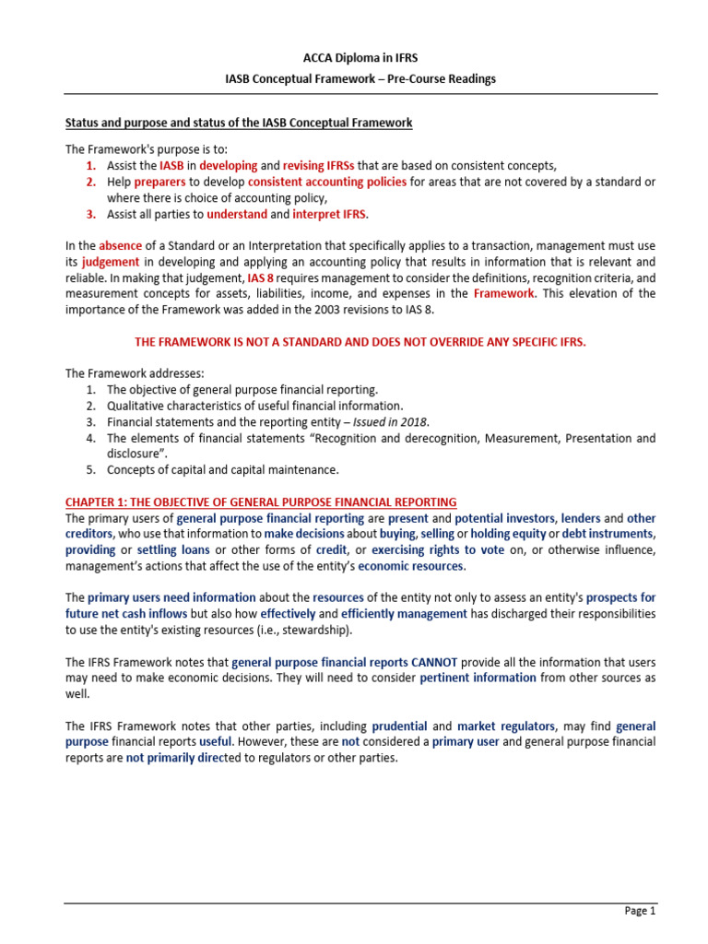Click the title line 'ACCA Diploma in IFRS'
tap(354, 58)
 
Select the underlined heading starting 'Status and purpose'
tap(239, 123)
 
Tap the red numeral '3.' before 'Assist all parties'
tap(90, 214)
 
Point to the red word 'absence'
tap(120, 246)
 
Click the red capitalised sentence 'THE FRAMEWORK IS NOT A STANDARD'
tap(360, 341)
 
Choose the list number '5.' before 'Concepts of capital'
tap(90, 469)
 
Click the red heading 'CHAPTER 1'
tap(260, 501)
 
